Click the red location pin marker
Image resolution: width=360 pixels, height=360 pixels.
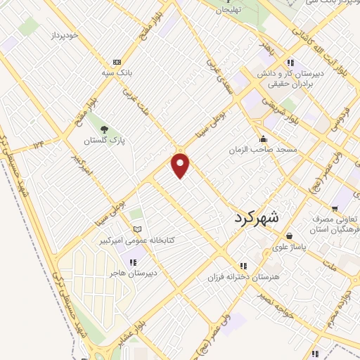181,165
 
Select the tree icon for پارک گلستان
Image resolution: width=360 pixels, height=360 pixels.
104,129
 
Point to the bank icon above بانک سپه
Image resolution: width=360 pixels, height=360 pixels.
117,61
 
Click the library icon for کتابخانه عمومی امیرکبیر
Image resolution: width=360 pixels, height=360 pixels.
137,229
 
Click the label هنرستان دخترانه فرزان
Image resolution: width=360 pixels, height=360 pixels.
243,277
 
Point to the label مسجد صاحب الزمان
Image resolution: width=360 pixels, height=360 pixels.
267,150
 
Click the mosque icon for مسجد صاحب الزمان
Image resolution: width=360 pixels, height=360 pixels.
263,139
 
